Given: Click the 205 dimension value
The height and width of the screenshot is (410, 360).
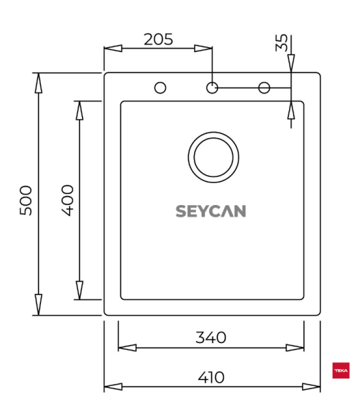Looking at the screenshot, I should click(x=158, y=39).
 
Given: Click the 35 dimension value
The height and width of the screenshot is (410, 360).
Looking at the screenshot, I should click(x=281, y=44).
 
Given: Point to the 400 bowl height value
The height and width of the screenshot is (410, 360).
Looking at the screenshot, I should click(x=68, y=200).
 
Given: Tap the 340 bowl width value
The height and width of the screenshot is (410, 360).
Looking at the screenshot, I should click(x=211, y=337).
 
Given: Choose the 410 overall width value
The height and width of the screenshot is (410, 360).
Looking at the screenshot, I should click(x=211, y=377).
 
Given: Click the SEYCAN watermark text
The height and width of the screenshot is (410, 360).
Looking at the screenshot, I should click(x=211, y=211).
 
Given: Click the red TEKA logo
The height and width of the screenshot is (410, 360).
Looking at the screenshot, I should click(x=340, y=371).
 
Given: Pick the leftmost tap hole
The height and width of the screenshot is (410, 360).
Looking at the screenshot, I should click(x=161, y=87).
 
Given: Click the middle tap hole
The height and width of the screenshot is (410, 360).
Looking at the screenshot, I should click(x=212, y=87).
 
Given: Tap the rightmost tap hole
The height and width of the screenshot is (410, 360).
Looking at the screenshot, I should click(x=264, y=87).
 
